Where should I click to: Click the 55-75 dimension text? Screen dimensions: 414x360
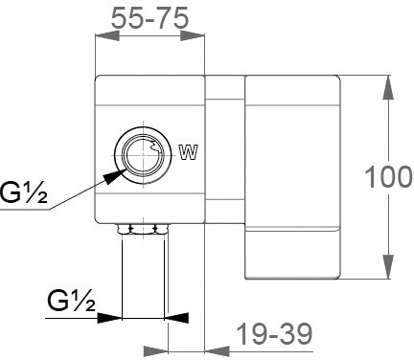(x=149, y=18)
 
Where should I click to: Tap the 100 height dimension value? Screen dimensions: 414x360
(x=388, y=176)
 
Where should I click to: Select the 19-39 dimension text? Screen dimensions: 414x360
(x=275, y=334)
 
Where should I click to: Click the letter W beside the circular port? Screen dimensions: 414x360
(x=189, y=152)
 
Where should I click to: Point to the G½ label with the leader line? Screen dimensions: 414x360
(x=24, y=192)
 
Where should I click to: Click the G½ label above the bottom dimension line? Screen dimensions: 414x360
(x=72, y=301)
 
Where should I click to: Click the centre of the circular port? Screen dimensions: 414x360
(x=143, y=155)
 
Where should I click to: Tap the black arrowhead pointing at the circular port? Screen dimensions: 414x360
(x=114, y=177)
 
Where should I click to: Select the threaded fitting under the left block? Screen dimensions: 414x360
(x=143, y=229)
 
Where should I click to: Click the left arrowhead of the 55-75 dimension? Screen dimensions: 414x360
(x=107, y=35)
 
